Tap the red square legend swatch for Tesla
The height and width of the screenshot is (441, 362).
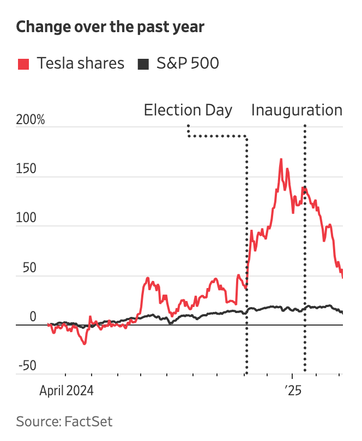tap(23, 64)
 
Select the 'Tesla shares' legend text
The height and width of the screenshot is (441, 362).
tap(81, 64)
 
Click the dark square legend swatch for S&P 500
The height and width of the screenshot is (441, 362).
tap(143, 64)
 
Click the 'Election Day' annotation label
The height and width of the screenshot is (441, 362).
tap(188, 110)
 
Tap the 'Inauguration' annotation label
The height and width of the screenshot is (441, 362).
tap(297, 110)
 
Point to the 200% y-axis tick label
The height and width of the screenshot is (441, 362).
tap(31, 120)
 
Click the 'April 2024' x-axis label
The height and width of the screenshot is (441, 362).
tap(66, 391)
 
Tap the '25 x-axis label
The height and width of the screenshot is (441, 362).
tap(293, 391)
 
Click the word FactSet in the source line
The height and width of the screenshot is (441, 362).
tap(88, 421)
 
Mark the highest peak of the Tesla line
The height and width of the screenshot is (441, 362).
tap(281, 160)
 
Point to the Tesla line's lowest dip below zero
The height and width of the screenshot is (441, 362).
tap(85, 344)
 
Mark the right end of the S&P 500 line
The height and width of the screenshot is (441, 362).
tap(342, 313)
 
